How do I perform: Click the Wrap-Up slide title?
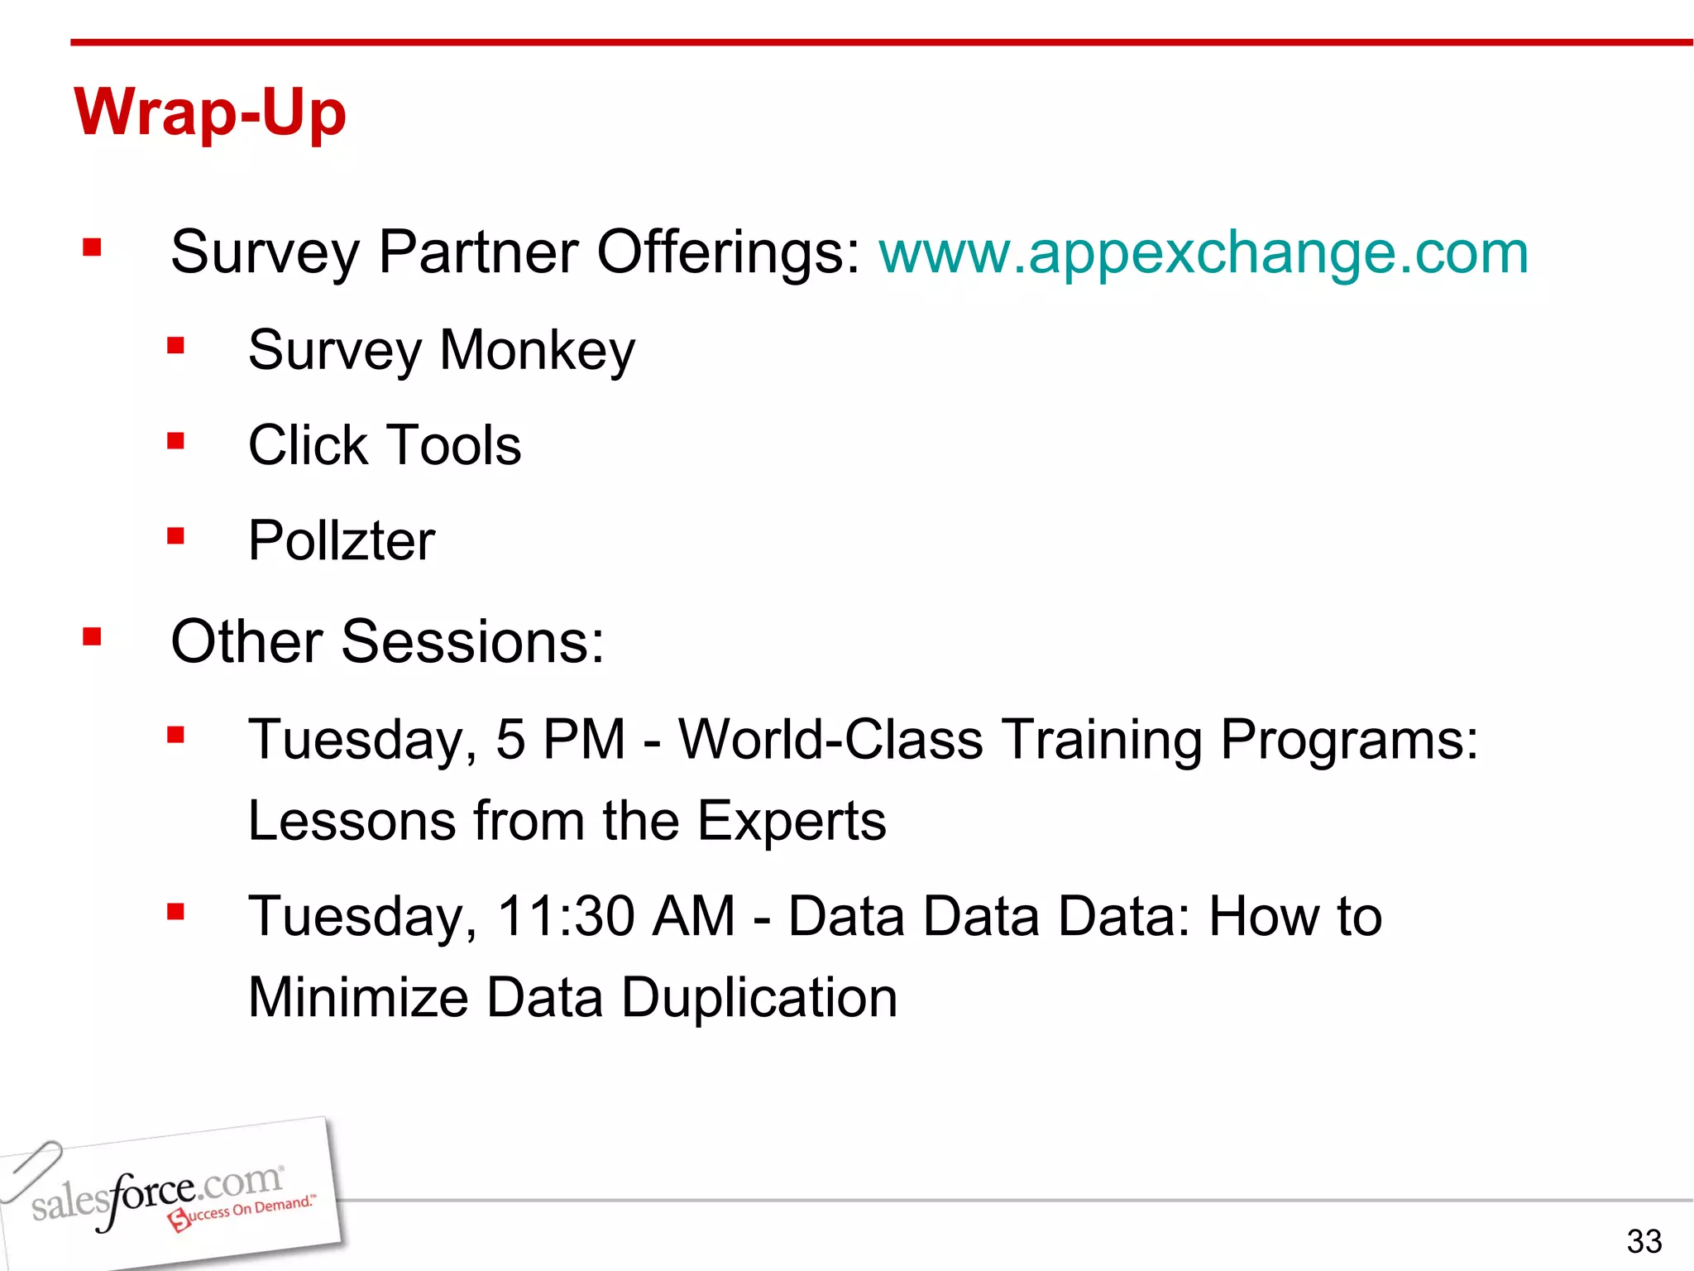pyautogui.click(x=210, y=113)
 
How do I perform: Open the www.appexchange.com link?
pyautogui.click(x=1204, y=252)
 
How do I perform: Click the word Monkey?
pyautogui.click(x=538, y=351)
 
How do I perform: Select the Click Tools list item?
pyautogui.click(x=385, y=445)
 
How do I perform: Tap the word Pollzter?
pyautogui.click(x=342, y=541)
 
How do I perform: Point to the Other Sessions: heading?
pyautogui.click(x=387, y=641)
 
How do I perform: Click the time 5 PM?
pyautogui.click(x=560, y=739)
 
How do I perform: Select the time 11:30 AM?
pyautogui.click(x=615, y=916)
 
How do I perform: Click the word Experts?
pyautogui.click(x=792, y=821)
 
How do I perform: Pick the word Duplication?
pyautogui.click(x=758, y=997)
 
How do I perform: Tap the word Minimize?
pyautogui.click(x=358, y=997)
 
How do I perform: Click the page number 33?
pyautogui.click(x=1644, y=1241)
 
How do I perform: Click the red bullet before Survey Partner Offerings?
pyautogui.click(x=92, y=247)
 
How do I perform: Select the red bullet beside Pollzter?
pyautogui.click(x=175, y=537)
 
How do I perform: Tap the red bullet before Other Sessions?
pyautogui.click(x=92, y=636)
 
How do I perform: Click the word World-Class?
pyautogui.click(x=830, y=739)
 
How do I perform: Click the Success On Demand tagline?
pyautogui.click(x=244, y=1211)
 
